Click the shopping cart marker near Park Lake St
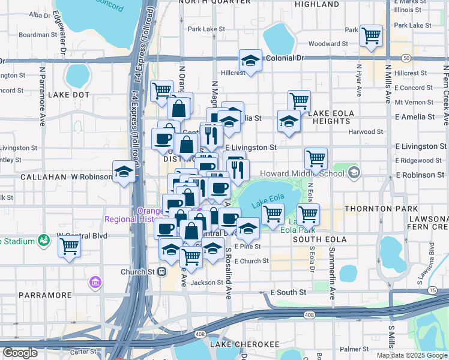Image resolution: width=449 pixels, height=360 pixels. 372,35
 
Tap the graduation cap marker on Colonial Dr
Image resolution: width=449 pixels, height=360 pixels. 250,61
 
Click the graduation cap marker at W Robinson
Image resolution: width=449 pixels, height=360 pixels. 124,173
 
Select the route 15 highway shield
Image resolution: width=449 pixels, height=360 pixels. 432,290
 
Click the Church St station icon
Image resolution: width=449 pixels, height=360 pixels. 161,271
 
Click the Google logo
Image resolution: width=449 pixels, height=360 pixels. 20,352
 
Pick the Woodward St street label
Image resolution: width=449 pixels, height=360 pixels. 328,44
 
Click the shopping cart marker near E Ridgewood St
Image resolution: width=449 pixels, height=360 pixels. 316,158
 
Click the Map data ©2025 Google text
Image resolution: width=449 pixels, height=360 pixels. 411,355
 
